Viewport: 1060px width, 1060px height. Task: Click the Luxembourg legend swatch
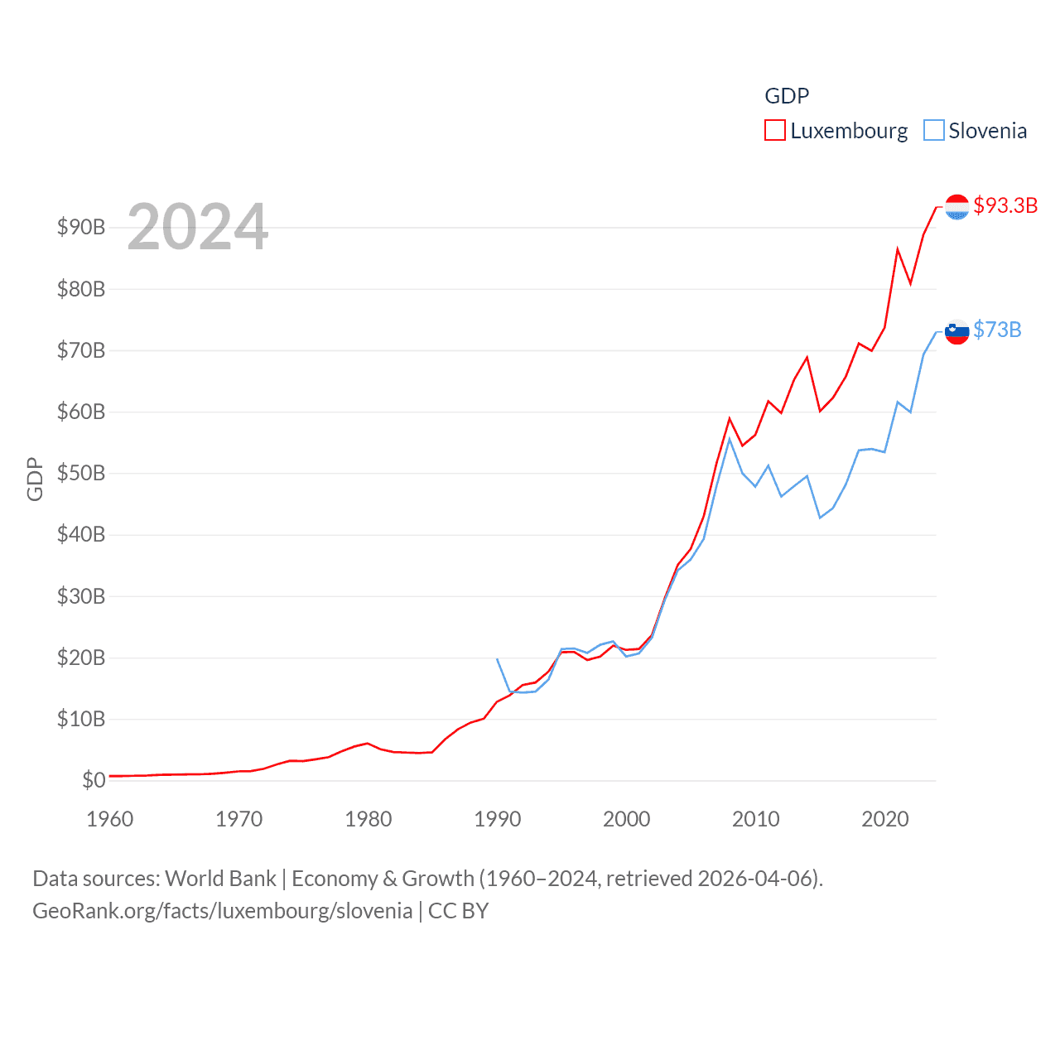click(774, 131)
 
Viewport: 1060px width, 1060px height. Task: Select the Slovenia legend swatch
click(933, 131)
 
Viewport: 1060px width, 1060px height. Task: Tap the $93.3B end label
click(1005, 205)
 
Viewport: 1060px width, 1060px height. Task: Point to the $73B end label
click(997, 330)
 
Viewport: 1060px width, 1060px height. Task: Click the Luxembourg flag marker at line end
click(956, 207)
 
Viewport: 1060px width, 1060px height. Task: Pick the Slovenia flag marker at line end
click(956, 331)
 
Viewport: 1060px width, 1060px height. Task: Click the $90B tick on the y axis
click(80, 227)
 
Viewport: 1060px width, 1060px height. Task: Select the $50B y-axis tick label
click(80, 473)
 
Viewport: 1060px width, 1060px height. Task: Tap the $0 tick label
click(94, 780)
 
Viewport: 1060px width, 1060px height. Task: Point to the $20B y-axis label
click(80, 658)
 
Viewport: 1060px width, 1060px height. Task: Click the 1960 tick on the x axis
click(109, 819)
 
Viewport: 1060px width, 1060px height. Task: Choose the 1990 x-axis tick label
click(497, 819)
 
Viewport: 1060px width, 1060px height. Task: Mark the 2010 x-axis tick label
click(755, 819)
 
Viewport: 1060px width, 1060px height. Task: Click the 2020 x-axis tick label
click(884, 819)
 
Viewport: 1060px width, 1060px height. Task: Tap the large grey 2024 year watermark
click(197, 226)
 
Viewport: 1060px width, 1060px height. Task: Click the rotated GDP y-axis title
click(35, 479)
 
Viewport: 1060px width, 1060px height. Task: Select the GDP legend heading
click(786, 96)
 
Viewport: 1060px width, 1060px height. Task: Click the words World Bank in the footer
click(220, 878)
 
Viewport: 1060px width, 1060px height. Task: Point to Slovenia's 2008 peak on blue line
click(730, 438)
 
